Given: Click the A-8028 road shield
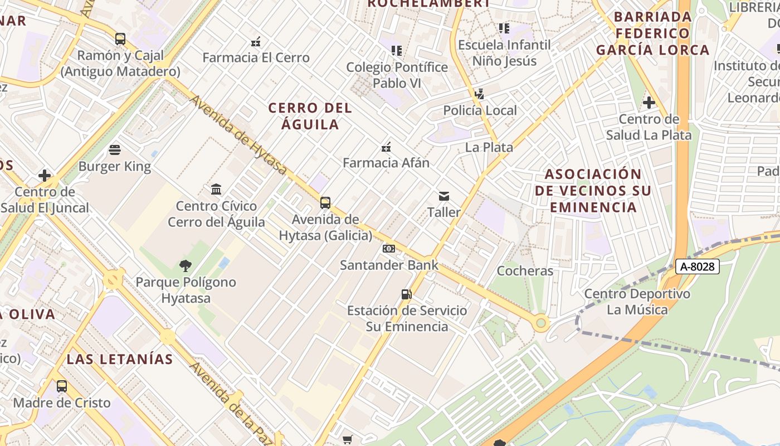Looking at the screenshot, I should click(698, 266).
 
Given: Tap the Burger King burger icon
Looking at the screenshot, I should click(115, 150).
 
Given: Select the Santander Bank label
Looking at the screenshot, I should click(389, 265).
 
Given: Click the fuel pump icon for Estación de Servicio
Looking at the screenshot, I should click(407, 294).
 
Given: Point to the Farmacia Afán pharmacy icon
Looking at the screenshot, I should click(386, 147).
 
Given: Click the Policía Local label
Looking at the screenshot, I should click(480, 110).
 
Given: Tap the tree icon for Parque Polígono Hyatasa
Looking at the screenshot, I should click(186, 266).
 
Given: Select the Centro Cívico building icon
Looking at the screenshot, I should click(216, 190).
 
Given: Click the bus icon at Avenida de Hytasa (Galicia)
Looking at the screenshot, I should click(325, 203).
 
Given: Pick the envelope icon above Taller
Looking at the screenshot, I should click(444, 196).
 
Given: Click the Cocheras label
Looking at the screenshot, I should click(525, 271).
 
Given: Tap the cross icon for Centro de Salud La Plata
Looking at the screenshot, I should click(649, 103).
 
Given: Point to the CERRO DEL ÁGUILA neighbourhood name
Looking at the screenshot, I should click(310, 116).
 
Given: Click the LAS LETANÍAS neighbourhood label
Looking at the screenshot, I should click(120, 359).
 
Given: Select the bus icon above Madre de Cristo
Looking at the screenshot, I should click(62, 386).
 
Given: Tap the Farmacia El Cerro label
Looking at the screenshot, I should click(256, 57).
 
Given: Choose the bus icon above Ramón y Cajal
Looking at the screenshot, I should click(120, 39).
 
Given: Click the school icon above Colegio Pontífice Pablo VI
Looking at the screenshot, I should click(397, 51).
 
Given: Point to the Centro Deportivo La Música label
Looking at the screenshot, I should click(637, 302).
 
